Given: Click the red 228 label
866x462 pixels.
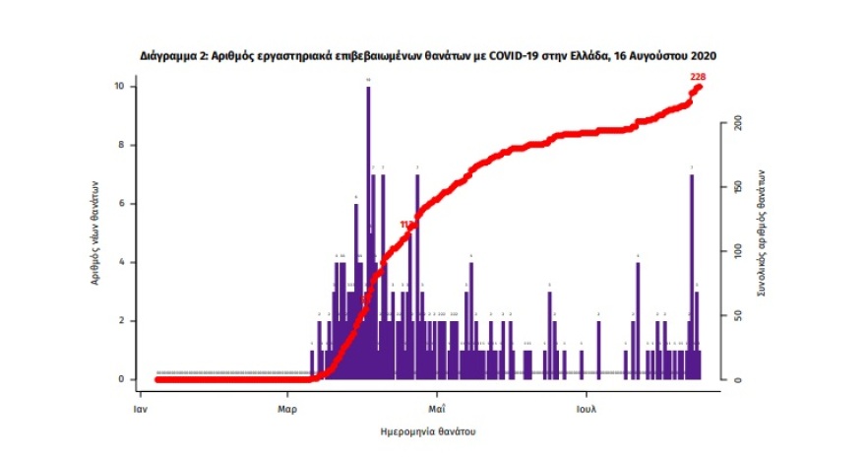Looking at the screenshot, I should click(x=698, y=77).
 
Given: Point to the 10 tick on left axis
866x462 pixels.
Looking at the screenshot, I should click(x=119, y=87).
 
